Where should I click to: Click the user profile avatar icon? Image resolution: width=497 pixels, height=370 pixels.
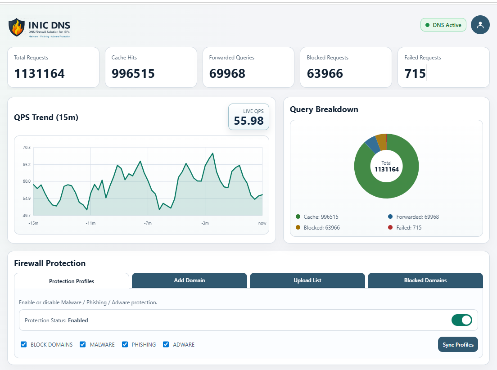[x=480, y=25]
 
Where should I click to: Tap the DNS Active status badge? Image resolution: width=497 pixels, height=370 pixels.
[x=443, y=25]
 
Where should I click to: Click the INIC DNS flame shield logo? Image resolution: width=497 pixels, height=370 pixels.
[x=17, y=27]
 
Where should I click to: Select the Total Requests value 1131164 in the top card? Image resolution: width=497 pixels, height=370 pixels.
[x=40, y=73]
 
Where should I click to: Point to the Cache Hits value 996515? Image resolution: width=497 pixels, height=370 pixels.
[x=133, y=73]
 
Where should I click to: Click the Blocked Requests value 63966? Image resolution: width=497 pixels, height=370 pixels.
[x=325, y=73]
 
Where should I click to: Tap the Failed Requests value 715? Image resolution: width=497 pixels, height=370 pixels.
[x=415, y=73]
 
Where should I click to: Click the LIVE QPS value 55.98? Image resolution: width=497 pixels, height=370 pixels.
[x=248, y=121]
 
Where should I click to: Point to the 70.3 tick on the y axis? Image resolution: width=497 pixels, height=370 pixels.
[x=27, y=148]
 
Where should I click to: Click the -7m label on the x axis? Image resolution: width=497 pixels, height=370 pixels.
[x=148, y=223]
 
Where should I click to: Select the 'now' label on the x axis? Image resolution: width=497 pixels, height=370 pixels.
[x=262, y=223]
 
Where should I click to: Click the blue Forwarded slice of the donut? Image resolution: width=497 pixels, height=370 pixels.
[x=372, y=144]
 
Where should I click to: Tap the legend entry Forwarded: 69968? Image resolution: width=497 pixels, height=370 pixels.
[x=417, y=217]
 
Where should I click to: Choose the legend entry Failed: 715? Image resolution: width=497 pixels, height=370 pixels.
[x=408, y=228]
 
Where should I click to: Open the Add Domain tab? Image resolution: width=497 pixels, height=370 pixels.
[x=190, y=280]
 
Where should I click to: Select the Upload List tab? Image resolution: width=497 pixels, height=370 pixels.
[x=307, y=280]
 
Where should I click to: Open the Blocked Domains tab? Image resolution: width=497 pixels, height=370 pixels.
[x=425, y=280]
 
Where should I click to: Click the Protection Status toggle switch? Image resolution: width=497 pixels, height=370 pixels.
[x=461, y=320]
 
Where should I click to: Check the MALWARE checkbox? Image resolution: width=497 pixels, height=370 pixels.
[x=83, y=344]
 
